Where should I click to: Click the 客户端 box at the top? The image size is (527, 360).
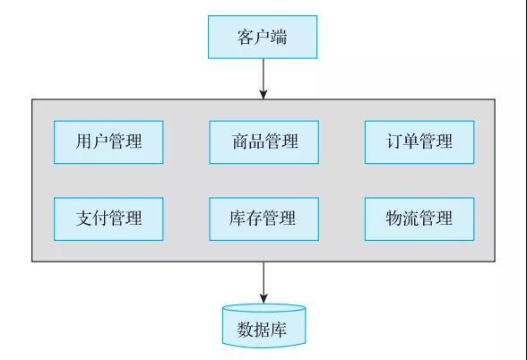click(x=263, y=37)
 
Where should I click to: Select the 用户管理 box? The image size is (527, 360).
click(x=108, y=142)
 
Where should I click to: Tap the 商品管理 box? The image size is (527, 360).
click(x=263, y=142)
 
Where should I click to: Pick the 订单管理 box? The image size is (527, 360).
click(x=419, y=142)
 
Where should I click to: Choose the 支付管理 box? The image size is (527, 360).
click(x=108, y=219)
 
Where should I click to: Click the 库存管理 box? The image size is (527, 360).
click(x=263, y=219)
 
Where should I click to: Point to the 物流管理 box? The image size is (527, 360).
click(x=419, y=219)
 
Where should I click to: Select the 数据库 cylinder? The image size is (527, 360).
click(x=263, y=326)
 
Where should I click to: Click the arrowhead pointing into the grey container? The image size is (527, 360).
click(x=263, y=94)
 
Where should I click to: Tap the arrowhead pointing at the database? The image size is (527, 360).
click(x=263, y=298)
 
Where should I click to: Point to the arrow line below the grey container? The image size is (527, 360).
click(x=263, y=283)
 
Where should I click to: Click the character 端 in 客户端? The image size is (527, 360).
click(x=279, y=37)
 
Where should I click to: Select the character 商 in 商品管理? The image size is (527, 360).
click(x=240, y=141)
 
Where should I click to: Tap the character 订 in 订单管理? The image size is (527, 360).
click(x=395, y=141)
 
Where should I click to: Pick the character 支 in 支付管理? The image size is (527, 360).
click(x=84, y=218)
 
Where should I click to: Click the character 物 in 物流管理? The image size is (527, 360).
click(x=394, y=218)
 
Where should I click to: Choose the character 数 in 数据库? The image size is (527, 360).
click(x=246, y=330)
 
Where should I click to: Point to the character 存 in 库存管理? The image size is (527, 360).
click(x=255, y=218)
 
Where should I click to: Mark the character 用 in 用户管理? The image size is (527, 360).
click(x=84, y=141)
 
